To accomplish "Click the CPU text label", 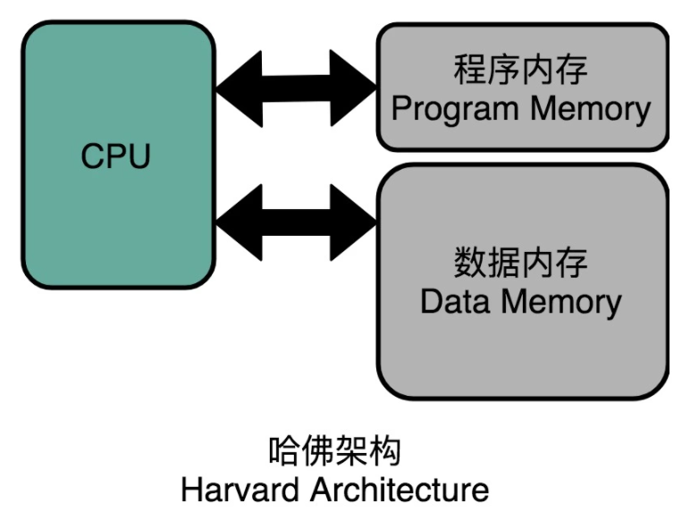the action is pyautogui.click(x=116, y=156).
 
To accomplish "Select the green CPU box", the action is pyautogui.click(x=119, y=155).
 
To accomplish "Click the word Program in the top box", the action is pyautogui.click(x=455, y=110).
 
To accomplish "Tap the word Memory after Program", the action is pyautogui.click(x=591, y=110).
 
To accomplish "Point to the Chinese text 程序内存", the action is pyautogui.click(x=521, y=70).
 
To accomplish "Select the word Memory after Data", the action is pyautogui.click(x=561, y=303).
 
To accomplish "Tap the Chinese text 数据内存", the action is pyautogui.click(x=521, y=263).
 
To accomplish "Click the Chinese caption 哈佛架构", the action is pyautogui.click(x=335, y=451).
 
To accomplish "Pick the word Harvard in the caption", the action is pyautogui.click(x=240, y=490).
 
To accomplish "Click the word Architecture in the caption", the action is pyautogui.click(x=400, y=490).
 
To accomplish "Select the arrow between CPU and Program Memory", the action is pyautogui.click(x=297, y=88).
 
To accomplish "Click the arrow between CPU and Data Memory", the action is pyautogui.click(x=297, y=223).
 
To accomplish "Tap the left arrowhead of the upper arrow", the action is pyautogui.click(x=240, y=89).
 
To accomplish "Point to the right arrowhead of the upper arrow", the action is pyautogui.click(x=353, y=88).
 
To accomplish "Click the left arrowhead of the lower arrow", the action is pyautogui.click(x=240, y=223).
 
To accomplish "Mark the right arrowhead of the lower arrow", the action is pyautogui.click(x=353, y=223).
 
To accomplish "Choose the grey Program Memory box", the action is pyautogui.click(x=523, y=87).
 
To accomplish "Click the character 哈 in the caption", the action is pyautogui.click(x=284, y=451).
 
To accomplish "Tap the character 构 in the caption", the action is pyautogui.click(x=385, y=451).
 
